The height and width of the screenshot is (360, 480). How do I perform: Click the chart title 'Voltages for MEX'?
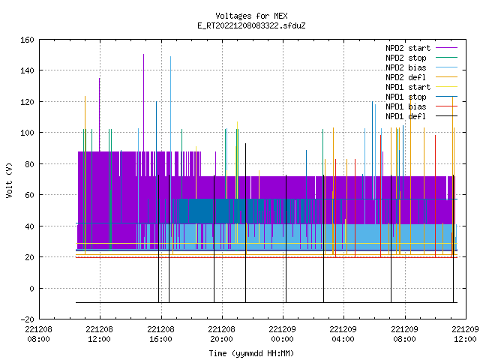[251, 16]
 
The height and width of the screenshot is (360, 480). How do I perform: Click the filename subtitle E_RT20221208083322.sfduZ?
[251, 25]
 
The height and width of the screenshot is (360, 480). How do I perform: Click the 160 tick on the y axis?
[27, 40]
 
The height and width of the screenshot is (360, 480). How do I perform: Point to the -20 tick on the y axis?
[27, 319]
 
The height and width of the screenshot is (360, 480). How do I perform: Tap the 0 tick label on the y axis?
[31, 288]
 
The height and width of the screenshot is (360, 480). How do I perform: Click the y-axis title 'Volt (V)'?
[10, 181]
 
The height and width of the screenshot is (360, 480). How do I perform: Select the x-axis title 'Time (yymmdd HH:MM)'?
[251, 353]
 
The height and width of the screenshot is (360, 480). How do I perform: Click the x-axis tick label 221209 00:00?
[282, 334]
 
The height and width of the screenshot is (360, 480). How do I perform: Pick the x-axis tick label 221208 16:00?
[160, 334]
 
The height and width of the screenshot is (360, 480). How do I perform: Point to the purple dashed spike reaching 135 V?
[100, 115]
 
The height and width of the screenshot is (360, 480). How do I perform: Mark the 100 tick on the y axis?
[27, 133]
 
